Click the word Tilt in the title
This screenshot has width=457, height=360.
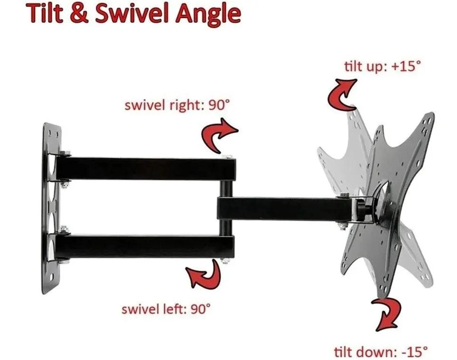click(45, 13)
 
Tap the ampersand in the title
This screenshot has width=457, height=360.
click(79, 13)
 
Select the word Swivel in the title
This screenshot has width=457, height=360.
click(133, 13)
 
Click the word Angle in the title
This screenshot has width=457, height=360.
click(208, 15)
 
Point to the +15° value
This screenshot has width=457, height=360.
click(406, 66)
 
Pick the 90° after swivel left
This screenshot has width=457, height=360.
click(201, 309)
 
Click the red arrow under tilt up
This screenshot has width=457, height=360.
click(342, 95)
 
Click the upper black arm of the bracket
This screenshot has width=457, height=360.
click(146, 169)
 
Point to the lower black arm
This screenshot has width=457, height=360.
click(145, 247)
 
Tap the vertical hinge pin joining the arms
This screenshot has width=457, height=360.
click(226, 207)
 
